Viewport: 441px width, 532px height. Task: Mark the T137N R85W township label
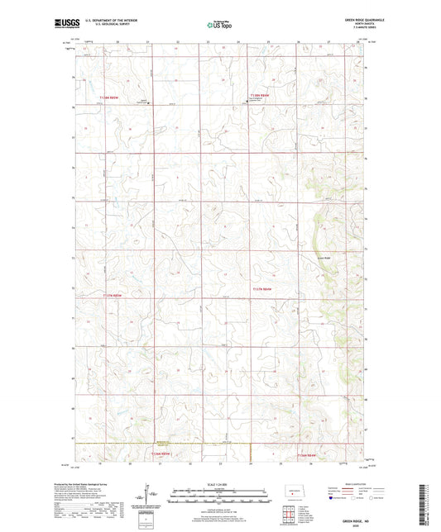[x=264, y=289]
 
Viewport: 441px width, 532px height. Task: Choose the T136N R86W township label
[x=161, y=453]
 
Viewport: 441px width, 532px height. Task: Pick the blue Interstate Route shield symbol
[x=333, y=499]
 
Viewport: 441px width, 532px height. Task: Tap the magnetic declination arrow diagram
[x=147, y=498]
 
